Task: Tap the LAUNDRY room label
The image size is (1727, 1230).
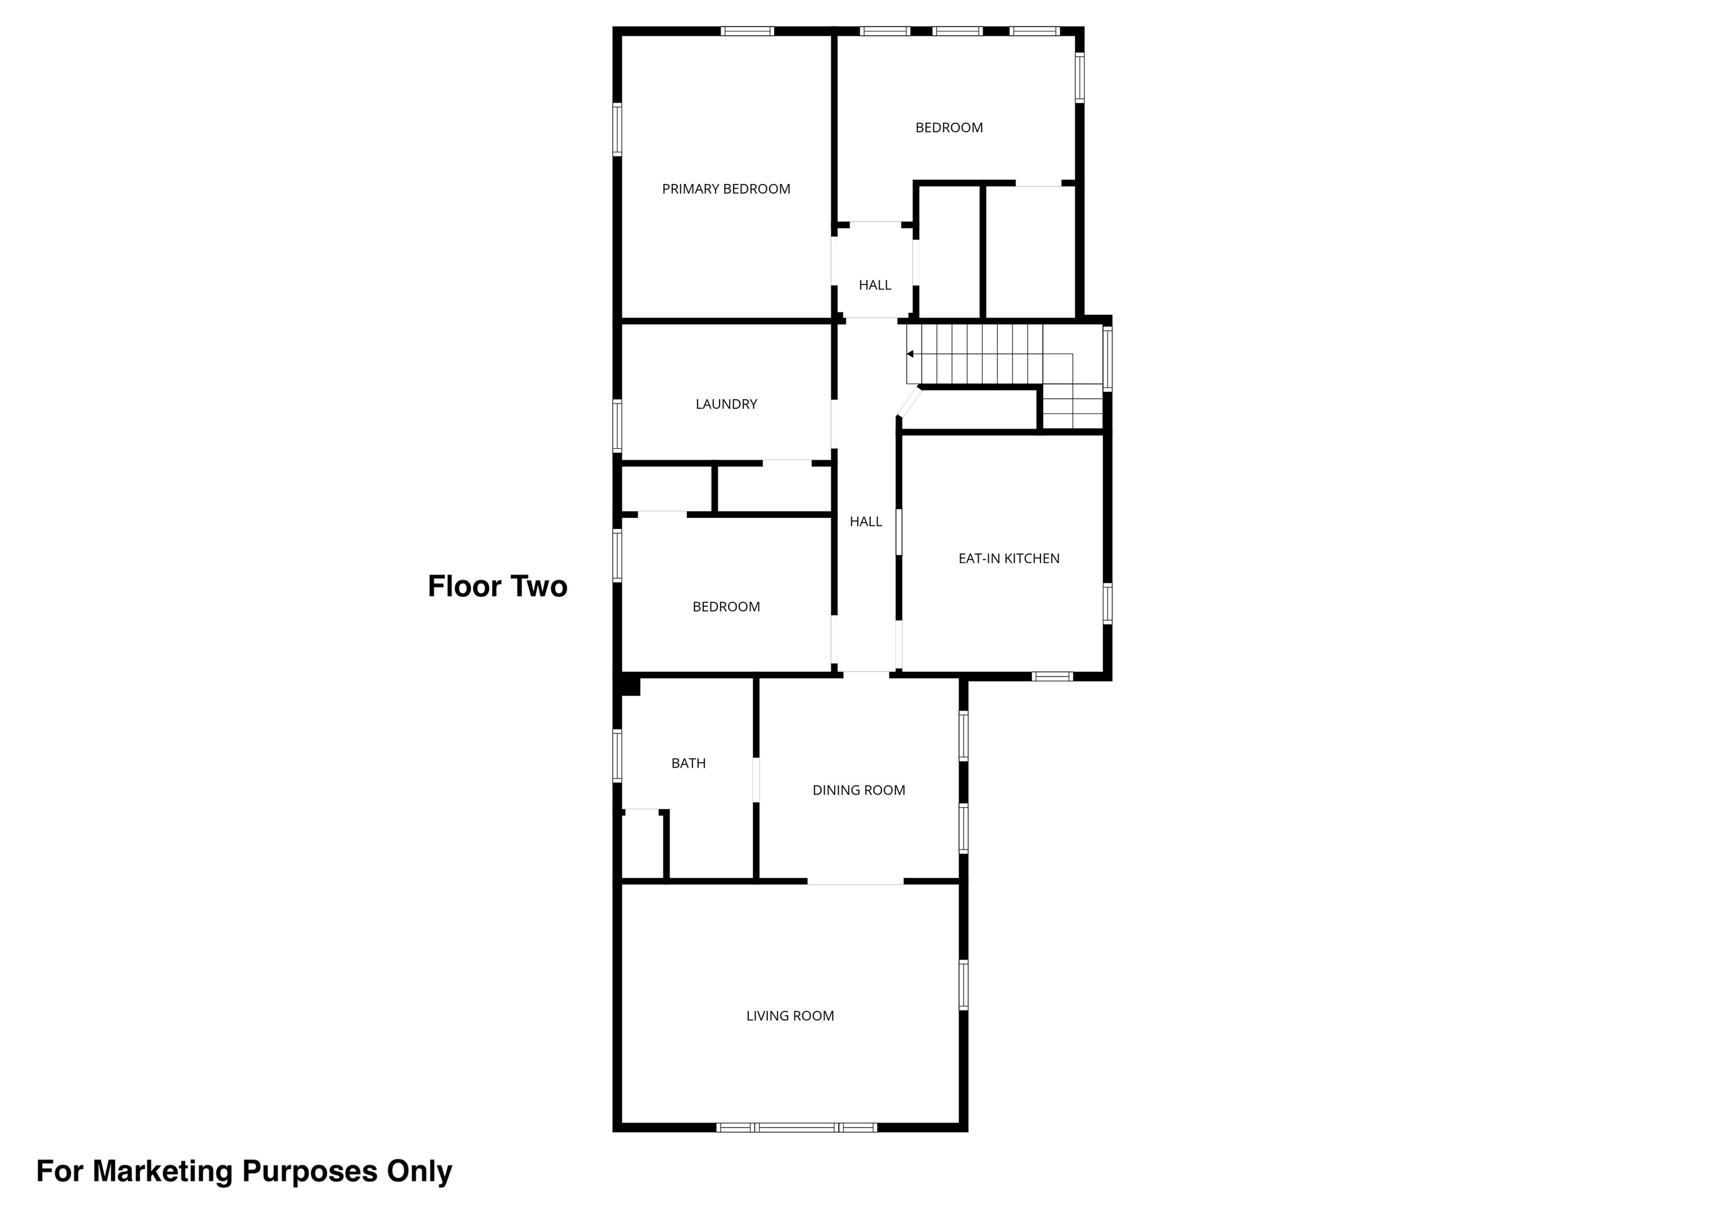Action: pos(726,404)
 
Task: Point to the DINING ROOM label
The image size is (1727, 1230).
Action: pos(858,791)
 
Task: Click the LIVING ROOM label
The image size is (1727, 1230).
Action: pos(790,1016)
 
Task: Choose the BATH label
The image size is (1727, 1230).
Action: pos(688,763)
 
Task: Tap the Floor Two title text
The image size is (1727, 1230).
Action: pos(498,586)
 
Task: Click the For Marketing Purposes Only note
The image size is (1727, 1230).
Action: pos(244,1171)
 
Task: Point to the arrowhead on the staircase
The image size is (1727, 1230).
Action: pos(910,354)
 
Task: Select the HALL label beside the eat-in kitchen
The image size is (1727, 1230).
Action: pos(865,522)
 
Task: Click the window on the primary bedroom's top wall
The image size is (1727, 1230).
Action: pos(747,31)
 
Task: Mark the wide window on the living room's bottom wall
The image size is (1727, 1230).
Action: pos(797,1128)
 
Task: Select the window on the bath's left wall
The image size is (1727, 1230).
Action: pos(617,755)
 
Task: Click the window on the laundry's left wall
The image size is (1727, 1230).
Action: pos(617,426)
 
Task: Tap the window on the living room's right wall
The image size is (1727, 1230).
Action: pos(963,985)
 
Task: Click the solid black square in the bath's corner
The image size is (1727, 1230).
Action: pos(630,686)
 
